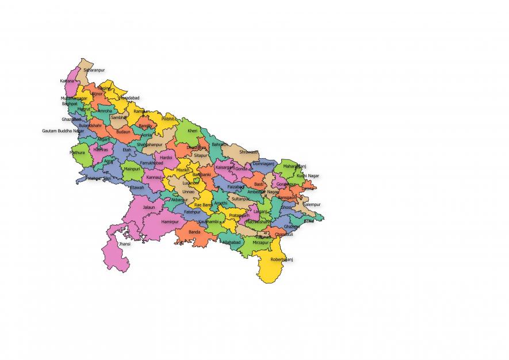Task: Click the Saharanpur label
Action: (x=94, y=70)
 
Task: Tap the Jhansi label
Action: (x=124, y=244)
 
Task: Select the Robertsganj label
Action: (x=282, y=259)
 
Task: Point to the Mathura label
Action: (x=77, y=153)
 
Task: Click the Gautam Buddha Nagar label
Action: (x=63, y=131)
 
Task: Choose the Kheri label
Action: (x=192, y=131)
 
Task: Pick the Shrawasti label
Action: (x=248, y=152)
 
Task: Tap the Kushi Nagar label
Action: (x=308, y=175)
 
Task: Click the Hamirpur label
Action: (x=170, y=221)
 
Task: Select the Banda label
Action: (x=194, y=232)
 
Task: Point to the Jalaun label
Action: (x=149, y=207)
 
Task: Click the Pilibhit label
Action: (x=167, y=118)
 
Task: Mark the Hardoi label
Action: (x=166, y=157)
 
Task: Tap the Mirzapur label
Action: (x=261, y=243)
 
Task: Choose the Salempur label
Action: (x=312, y=204)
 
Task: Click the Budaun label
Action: (x=123, y=132)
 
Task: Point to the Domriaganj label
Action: (x=265, y=163)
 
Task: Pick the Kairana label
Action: (x=67, y=81)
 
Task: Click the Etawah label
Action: (x=137, y=187)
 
